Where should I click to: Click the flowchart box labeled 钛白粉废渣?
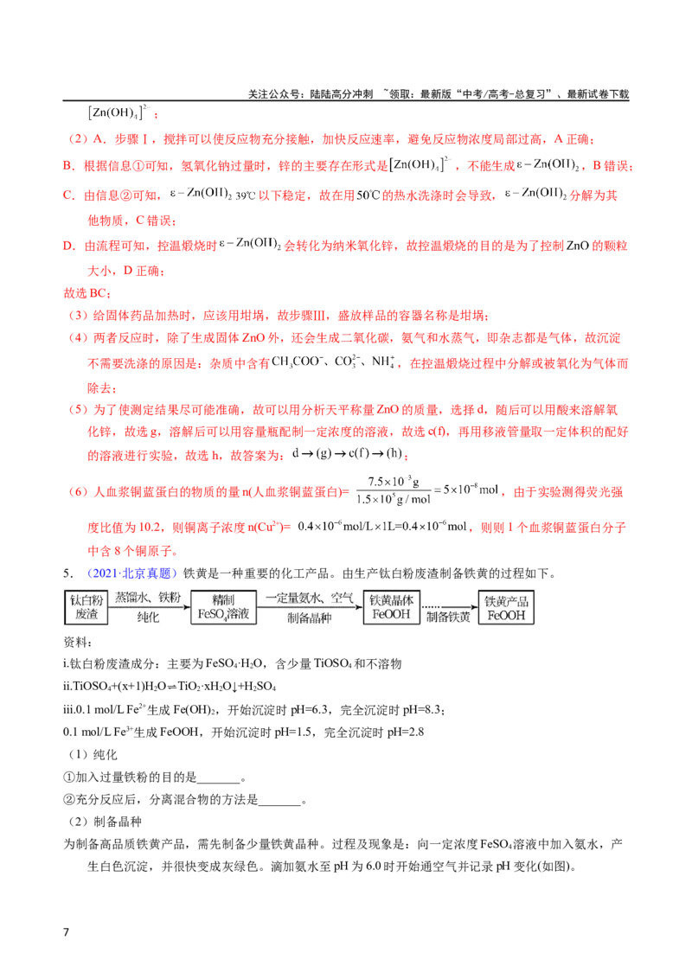point(86,607)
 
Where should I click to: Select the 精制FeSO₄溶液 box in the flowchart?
point(223,607)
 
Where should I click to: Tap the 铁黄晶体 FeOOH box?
point(392,607)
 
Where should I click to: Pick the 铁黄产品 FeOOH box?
point(506,607)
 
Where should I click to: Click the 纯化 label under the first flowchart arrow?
point(149,617)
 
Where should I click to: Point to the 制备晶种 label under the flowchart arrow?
point(309,617)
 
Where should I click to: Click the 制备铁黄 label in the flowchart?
point(448,617)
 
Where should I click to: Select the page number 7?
point(67,931)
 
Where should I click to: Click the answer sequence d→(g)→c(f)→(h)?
point(348,453)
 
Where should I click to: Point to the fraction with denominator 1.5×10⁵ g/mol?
point(394,490)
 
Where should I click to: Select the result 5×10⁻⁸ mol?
point(471,490)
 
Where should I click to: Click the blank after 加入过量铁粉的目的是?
point(219,778)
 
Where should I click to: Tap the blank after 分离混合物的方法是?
point(279,801)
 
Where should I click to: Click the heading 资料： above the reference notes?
point(78,642)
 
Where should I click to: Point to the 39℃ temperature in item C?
point(245,196)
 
